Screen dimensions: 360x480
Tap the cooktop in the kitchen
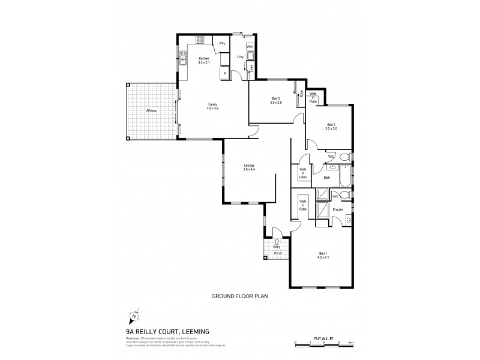coord(200,40)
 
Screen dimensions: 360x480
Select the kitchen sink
coord(182,60)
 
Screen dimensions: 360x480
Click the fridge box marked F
coord(224,73)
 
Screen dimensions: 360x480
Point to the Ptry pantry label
coord(222,43)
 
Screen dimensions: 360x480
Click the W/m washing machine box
coord(250,46)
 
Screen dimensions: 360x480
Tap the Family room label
coord(212,104)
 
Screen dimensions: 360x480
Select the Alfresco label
coord(151,111)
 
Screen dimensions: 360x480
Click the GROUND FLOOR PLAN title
coord(238,296)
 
